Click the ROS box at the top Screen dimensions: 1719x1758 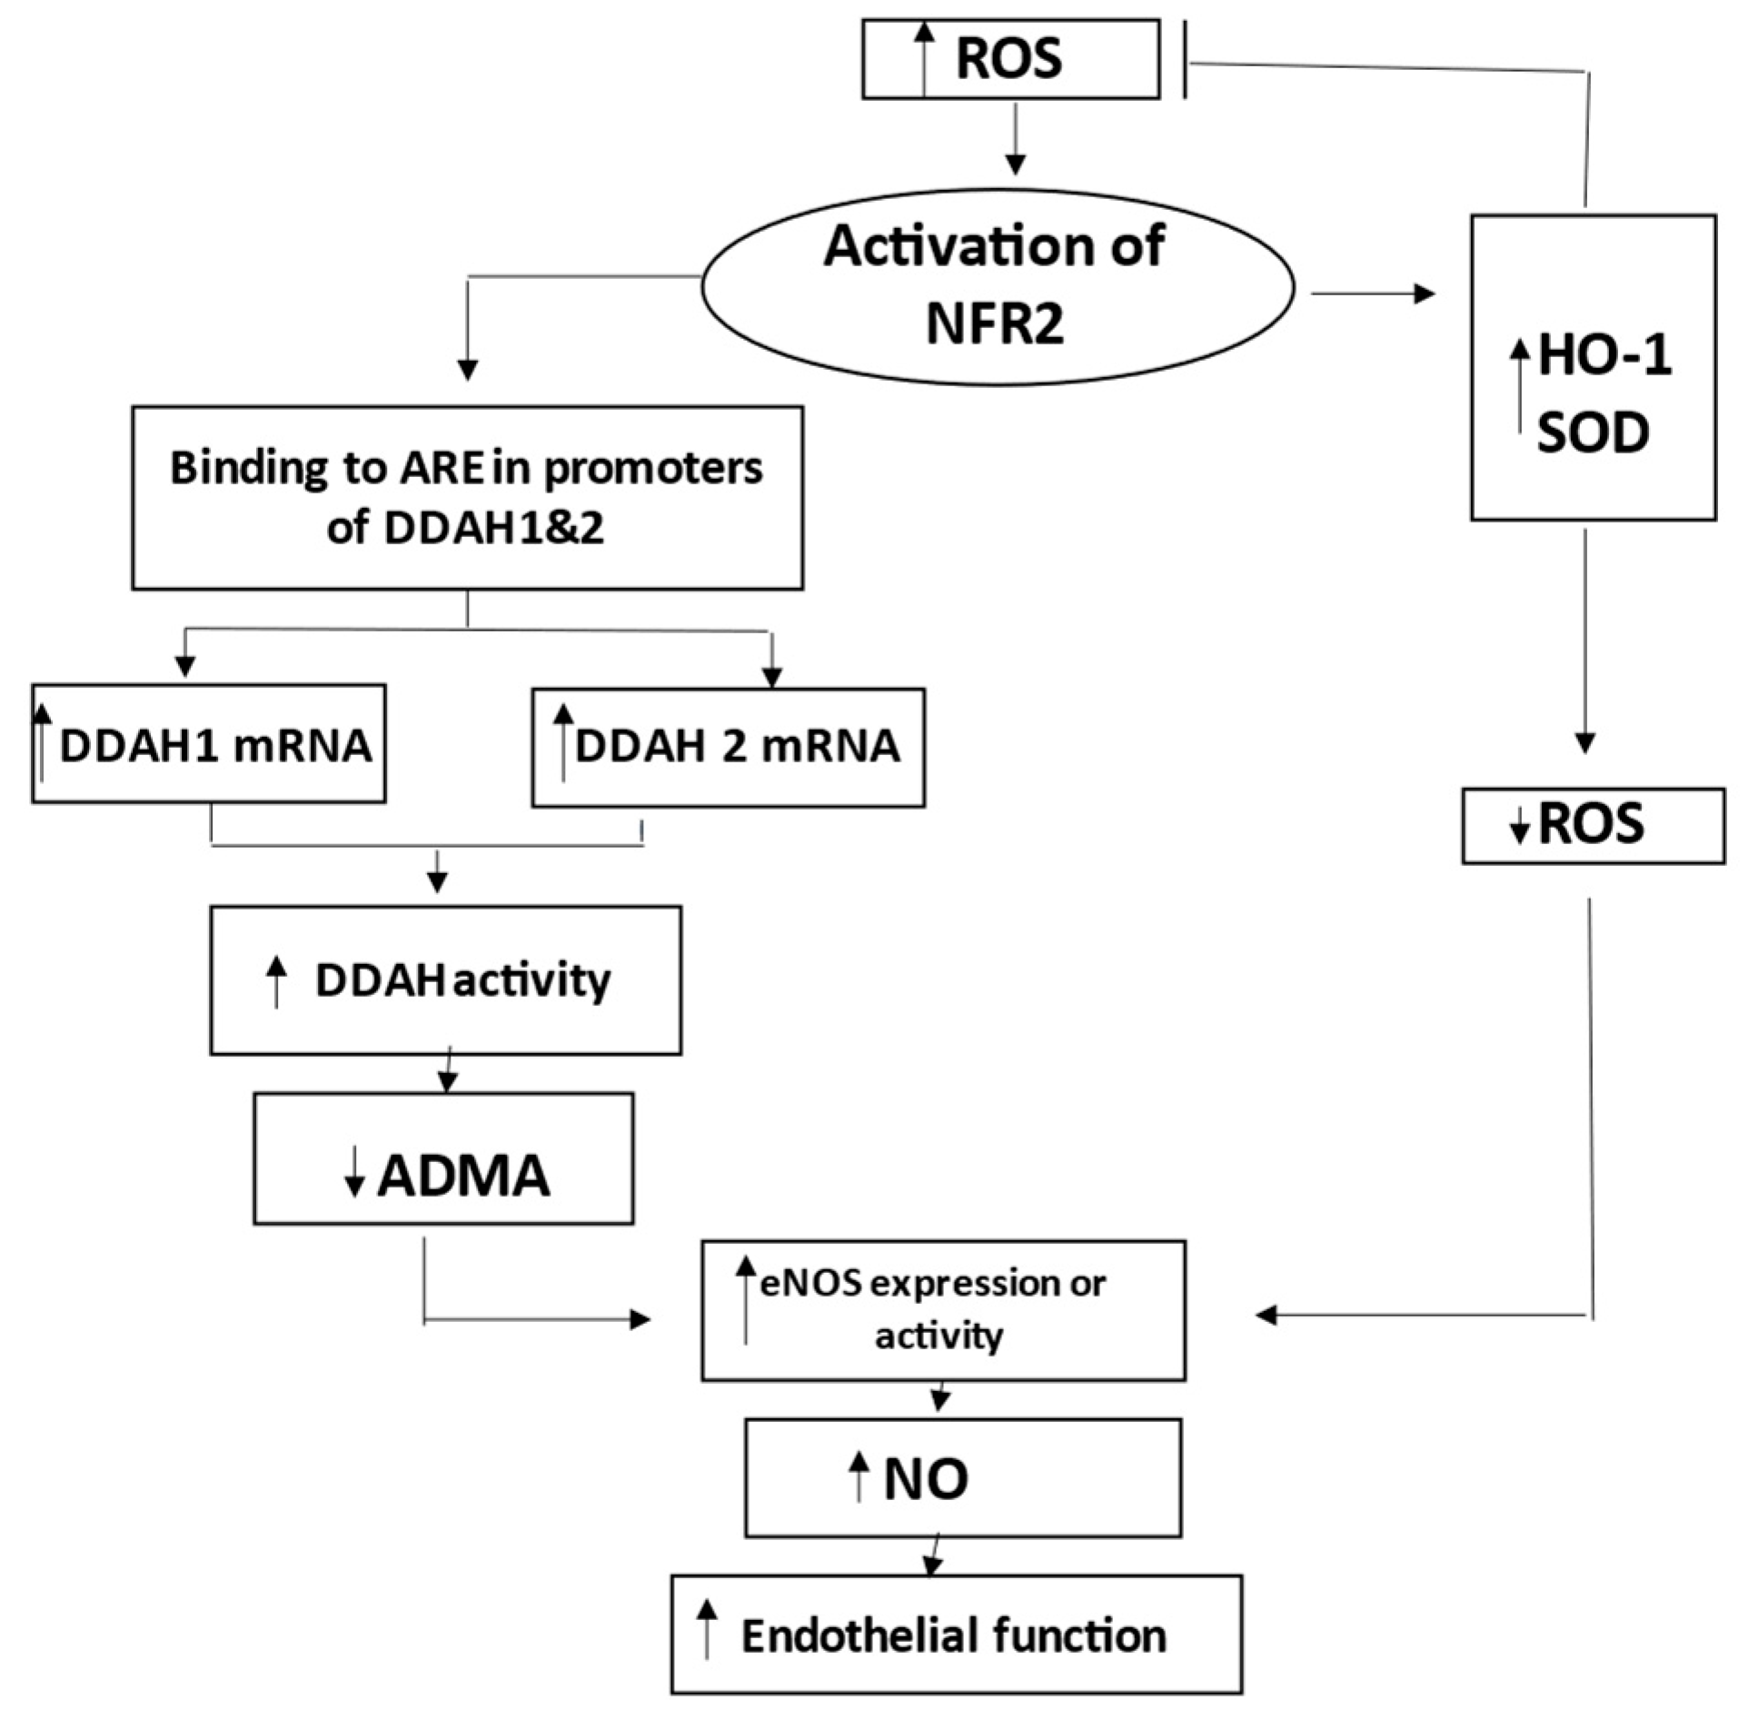pyautogui.click(x=1009, y=59)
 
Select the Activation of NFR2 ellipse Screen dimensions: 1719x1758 pyautogui.click(x=997, y=286)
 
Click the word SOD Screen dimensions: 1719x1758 pyautogui.click(x=1593, y=433)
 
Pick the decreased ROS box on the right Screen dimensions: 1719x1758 pyautogui.click(x=1592, y=825)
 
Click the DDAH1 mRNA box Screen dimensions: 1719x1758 pyautogui.click(x=208, y=744)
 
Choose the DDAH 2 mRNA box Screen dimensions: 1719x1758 pyautogui.click(x=727, y=747)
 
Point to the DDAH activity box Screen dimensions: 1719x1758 pyautogui.click(x=445, y=979)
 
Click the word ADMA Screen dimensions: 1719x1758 pyautogui.click(x=463, y=1176)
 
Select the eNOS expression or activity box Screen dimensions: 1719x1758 pyautogui.click(x=942, y=1309)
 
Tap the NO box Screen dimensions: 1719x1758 pyautogui.click(x=962, y=1478)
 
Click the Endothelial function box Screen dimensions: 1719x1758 pyautogui.click(x=956, y=1635)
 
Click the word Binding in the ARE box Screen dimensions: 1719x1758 pyautogui.click(x=247, y=469)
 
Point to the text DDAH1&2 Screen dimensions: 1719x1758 pyautogui.click(x=493, y=528)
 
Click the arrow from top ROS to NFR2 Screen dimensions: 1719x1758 pyautogui.click(x=1016, y=137)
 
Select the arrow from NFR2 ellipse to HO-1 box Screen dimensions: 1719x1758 pyautogui.click(x=1372, y=293)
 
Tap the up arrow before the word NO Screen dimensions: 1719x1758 pyautogui.click(x=858, y=1476)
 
